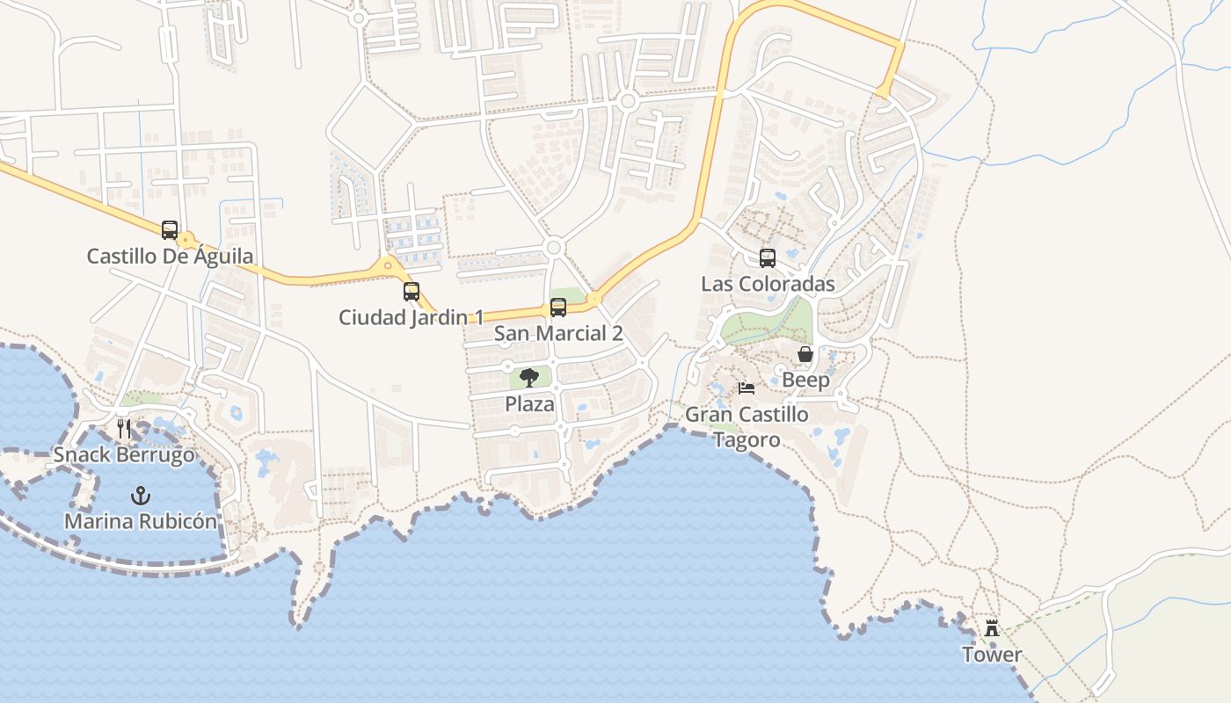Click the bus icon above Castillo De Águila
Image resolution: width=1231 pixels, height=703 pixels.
coord(170,230)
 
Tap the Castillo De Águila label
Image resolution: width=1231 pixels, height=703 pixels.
coord(170,257)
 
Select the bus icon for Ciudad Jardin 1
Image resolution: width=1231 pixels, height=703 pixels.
coord(412,292)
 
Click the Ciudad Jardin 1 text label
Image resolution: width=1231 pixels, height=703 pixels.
coord(411,317)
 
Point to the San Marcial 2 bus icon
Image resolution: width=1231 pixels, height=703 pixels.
coord(558,308)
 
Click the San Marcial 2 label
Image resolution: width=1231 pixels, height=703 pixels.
coord(558,333)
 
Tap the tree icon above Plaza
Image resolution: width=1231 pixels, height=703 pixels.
coord(529,378)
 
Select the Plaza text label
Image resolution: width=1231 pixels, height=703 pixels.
coord(529,404)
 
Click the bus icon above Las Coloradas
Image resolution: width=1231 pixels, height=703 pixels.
coord(768,258)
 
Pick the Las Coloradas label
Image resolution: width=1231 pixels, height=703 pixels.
coord(768,284)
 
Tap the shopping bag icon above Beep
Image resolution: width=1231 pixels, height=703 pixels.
coord(805,354)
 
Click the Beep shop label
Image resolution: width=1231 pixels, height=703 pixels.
coord(805,380)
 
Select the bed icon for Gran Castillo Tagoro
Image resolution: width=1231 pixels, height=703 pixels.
coord(747,388)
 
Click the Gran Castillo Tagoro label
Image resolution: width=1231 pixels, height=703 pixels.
coord(747,426)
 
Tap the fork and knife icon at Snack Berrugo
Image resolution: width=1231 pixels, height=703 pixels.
coord(124,429)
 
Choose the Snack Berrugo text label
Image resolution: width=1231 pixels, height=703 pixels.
coord(124,455)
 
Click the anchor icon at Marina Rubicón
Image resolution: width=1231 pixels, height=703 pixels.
coord(140,496)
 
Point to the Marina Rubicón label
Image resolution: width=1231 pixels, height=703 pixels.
coord(140,521)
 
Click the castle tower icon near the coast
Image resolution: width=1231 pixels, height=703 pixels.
coord(992,628)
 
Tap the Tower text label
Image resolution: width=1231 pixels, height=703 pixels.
coord(992,655)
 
